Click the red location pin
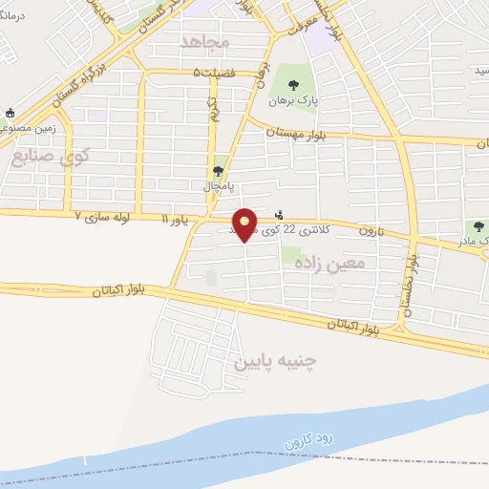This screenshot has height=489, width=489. (x=245, y=224)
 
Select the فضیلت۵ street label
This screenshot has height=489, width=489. (x=211, y=72)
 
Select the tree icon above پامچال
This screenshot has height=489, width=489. (x=220, y=171)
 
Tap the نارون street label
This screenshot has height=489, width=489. (x=372, y=231)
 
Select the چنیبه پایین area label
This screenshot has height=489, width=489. (x=274, y=362)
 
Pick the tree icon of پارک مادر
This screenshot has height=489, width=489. (x=478, y=226)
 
